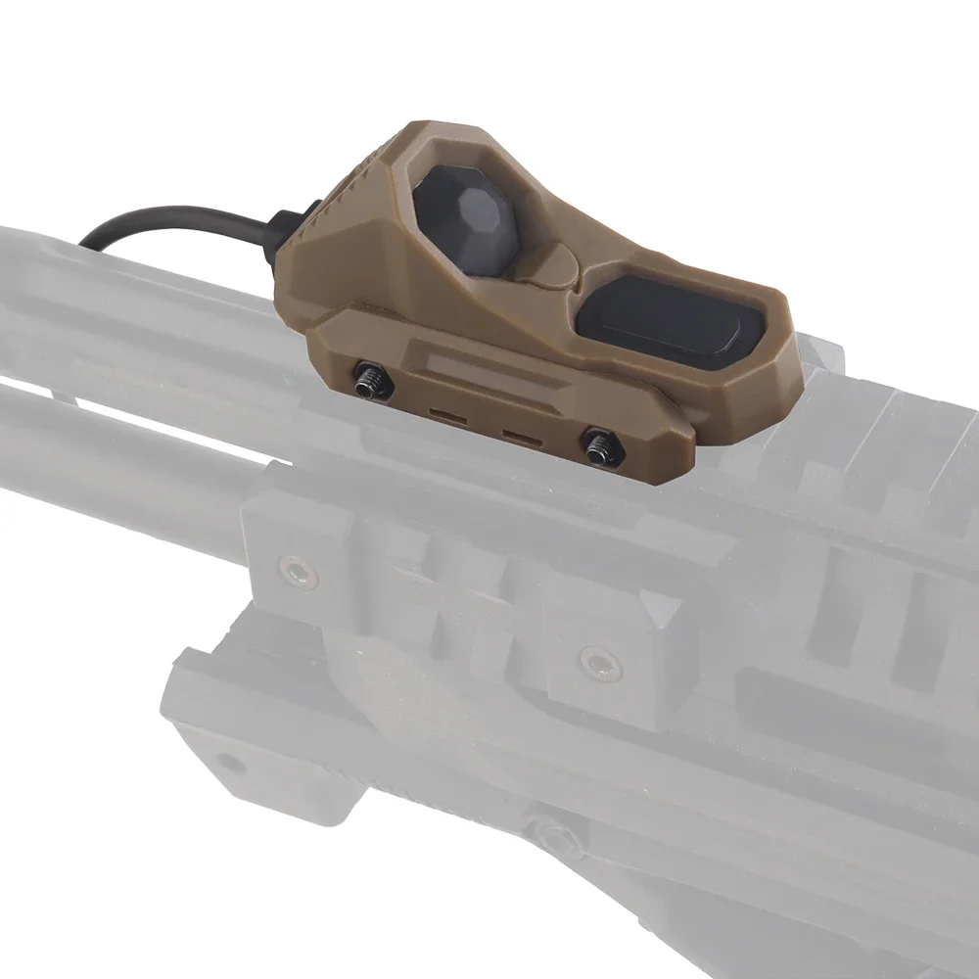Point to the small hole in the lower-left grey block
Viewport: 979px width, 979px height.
pyautogui.click(x=227, y=759)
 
